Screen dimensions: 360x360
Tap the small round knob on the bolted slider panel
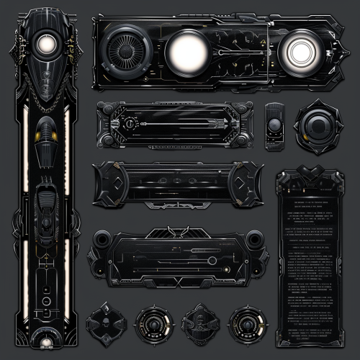(x=127, y=124)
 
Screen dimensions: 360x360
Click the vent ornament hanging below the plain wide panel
(x=175, y=204)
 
